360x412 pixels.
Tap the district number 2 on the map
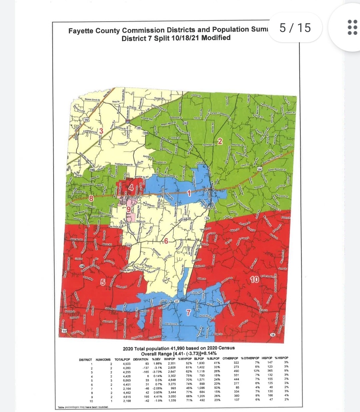[220, 142]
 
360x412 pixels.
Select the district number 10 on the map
[254, 279]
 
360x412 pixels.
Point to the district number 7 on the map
[188, 312]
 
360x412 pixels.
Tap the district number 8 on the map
[90, 198]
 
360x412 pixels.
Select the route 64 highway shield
[260, 169]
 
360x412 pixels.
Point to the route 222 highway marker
[185, 123]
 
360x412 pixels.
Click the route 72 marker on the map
[64, 330]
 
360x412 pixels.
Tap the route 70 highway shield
[86, 120]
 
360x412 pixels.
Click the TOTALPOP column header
[122, 359]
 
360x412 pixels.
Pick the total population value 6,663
[127, 380]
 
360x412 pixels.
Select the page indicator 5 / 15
[295, 28]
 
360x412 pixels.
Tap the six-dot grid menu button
[352, 27]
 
